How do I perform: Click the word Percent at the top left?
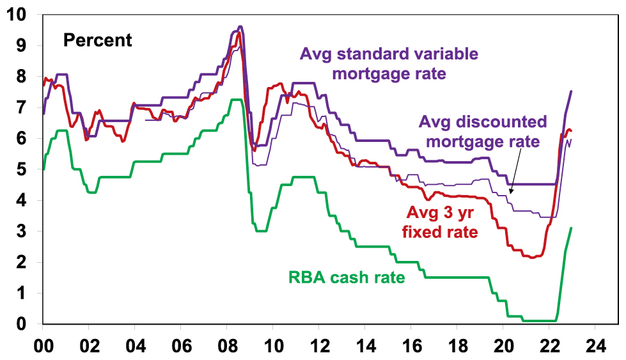click(97, 40)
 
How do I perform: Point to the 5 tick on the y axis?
click(22, 169)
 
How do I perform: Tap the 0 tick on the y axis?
click(22, 324)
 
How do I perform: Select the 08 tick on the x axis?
click(226, 343)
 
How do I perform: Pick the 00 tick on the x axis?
click(43, 343)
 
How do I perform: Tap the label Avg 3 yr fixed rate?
click(440, 221)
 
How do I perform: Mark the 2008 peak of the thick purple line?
click(240, 27)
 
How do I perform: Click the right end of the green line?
click(571, 228)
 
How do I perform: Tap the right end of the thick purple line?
click(571, 91)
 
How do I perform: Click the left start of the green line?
click(43, 169)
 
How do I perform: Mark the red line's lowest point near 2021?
click(532, 257)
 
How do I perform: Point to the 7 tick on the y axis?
click(22, 107)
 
